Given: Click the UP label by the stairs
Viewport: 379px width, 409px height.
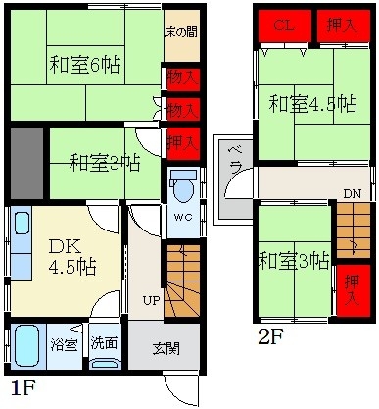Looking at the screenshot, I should [152, 300].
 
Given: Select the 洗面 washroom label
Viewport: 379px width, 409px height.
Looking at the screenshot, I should [105, 345].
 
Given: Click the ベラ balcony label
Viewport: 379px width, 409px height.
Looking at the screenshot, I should [236, 157].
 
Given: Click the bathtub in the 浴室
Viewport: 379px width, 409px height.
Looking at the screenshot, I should [25, 345].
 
